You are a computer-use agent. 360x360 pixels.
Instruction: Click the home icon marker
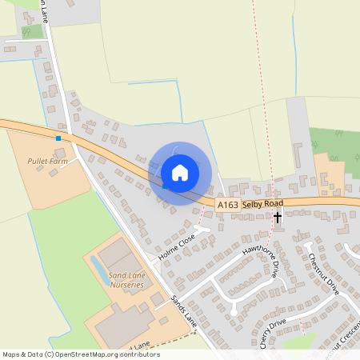coord(180,173)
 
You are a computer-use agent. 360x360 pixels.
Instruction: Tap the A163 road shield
coord(227,206)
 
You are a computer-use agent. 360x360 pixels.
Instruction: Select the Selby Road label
coord(262,205)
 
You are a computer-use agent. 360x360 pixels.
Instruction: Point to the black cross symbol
coord(278,217)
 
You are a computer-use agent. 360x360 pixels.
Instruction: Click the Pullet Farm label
coord(48,161)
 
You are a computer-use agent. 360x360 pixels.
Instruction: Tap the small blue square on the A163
coord(58,138)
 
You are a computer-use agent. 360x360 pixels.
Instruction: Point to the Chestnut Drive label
coord(324,275)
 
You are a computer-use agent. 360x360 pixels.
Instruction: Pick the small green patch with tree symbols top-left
coord(33,31)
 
